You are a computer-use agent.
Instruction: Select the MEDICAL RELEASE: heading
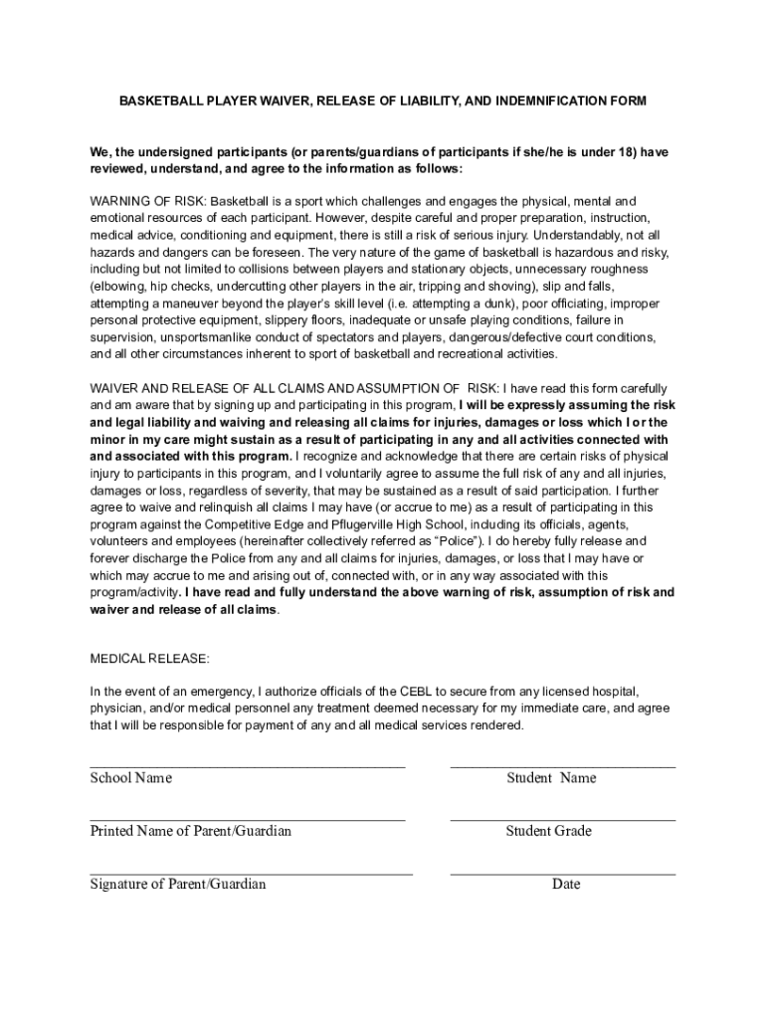[150, 659]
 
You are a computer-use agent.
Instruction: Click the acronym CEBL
[417, 691]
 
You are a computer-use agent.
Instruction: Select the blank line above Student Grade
[562, 820]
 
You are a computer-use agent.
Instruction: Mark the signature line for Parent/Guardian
[251, 873]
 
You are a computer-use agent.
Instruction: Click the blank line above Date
[562, 873]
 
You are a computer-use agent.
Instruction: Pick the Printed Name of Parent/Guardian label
[191, 831]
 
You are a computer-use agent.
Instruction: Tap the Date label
[566, 884]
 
